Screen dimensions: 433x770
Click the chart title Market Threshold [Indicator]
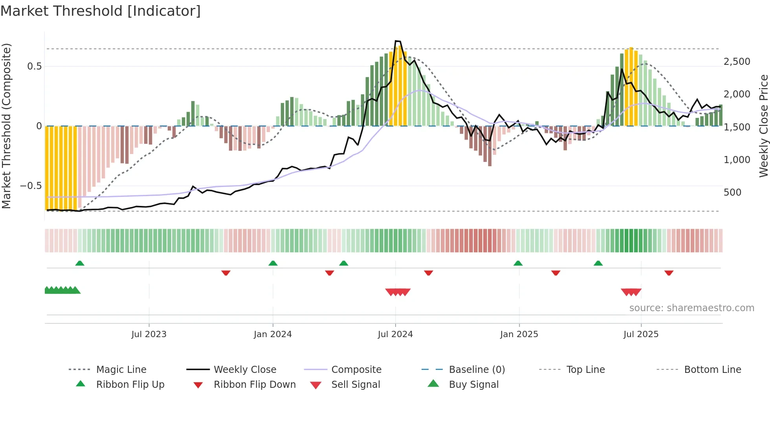coord(101,11)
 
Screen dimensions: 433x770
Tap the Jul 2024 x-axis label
coord(395,334)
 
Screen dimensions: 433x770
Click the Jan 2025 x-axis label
coord(519,334)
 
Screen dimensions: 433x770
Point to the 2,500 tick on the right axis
coord(737,62)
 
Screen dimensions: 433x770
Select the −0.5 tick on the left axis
coord(31,185)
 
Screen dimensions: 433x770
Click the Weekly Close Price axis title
coord(763,126)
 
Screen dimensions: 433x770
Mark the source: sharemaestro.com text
coord(691,308)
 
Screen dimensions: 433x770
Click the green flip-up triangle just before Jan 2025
coord(518,263)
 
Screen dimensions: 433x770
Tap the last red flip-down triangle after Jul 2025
coord(669,273)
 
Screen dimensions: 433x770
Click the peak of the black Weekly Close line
coord(397,41)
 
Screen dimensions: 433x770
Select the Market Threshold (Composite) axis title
coord(6,126)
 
